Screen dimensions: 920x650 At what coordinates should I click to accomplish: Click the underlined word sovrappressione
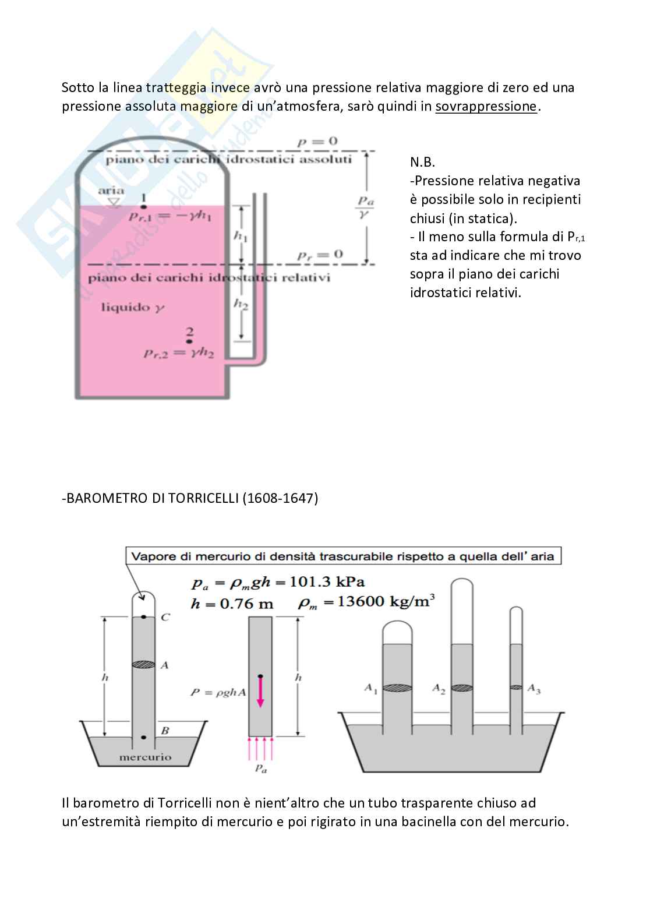coord(486,107)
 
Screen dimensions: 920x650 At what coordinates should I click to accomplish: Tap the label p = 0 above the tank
coord(317,141)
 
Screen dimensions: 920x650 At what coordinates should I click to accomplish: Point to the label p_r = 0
coord(320,255)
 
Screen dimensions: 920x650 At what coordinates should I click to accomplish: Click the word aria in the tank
coord(111,191)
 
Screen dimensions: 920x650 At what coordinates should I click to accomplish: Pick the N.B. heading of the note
coord(422,162)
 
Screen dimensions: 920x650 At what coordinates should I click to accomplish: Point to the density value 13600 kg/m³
coord(387,601)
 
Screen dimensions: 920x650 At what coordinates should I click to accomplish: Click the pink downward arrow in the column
coord(260,692)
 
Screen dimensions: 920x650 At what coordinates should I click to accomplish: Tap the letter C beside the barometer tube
coord(165,618)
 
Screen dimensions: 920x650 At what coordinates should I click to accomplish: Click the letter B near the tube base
coord(165,731)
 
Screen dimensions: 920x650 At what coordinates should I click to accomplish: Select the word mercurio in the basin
coord(145,757)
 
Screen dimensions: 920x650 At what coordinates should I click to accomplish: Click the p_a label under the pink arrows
coord(260,770)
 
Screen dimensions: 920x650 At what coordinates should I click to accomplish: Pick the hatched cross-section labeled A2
coord(462,688)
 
